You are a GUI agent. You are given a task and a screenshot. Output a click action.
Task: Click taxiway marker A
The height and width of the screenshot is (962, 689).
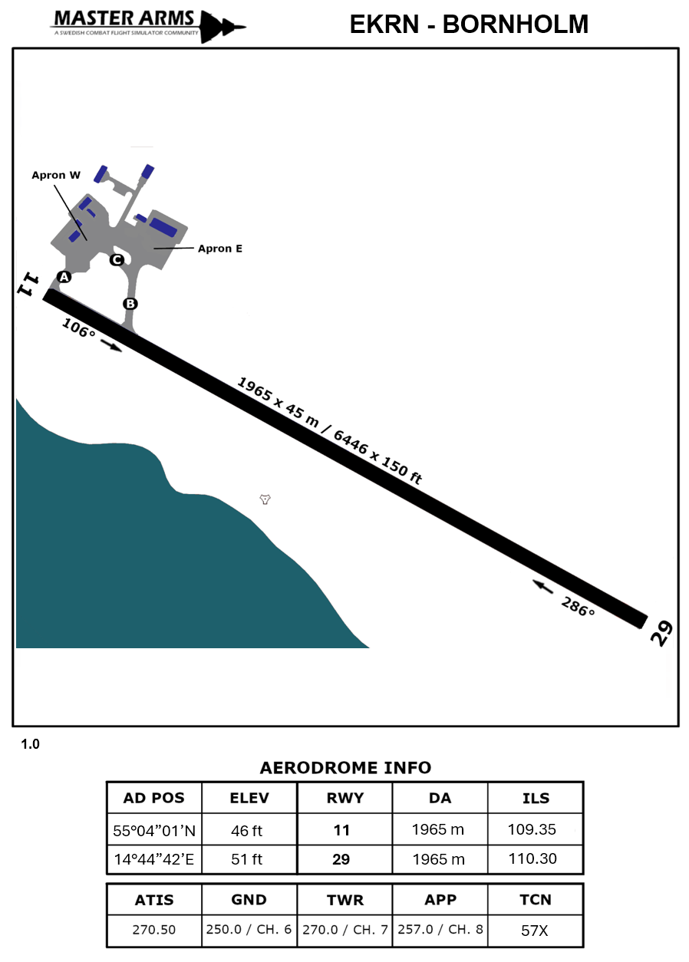pyautogui.click(x=64, y=277)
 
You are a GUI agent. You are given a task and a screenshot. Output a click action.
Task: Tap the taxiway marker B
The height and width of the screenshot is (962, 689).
pyautogui.click(x=130, y=304)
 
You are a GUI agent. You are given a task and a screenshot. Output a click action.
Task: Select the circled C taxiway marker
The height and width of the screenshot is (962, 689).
pyautogui.click(x=116, y=260)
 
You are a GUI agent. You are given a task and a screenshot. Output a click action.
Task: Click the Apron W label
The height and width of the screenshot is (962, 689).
pyautogui.click(x=56, y=175)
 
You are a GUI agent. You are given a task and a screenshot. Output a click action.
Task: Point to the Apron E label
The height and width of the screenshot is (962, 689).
pyautogui.click(x=220, y=249)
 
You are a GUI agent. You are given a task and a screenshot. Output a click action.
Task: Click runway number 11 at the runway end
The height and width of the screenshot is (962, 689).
pyautogui.click(x=28, y=285)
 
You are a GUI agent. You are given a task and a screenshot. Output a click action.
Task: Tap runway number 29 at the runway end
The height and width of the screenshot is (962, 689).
pyautogui.click(x=661, y=632)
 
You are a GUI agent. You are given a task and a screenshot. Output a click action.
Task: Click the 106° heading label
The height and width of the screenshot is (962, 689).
pyautogui.click(x=78, y=328)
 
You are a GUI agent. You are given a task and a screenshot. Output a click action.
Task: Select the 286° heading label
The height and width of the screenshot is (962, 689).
pyautogui.click(x=578, y=607)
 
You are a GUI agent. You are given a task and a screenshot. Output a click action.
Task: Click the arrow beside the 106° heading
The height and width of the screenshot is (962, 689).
pyautogui.click(x=111, y=347)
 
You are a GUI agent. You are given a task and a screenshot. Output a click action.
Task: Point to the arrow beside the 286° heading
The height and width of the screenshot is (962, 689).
pyautogui.click(x=543, y=587)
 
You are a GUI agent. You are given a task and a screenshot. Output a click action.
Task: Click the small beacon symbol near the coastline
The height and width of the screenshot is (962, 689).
pyautogui.click(x=265, y=499)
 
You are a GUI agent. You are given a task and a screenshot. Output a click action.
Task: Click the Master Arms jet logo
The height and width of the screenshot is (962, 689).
pyautogui.click(x=223, y=27)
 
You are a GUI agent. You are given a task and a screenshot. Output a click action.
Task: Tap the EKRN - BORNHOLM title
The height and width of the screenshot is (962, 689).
pyautogui.click(x=469, y=25)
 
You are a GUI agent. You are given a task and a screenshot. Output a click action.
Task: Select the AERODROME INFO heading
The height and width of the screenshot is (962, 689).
pyautogui.click(x=345, y=768)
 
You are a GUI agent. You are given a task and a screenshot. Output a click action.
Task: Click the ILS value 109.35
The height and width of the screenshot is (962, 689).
pyautogui.click(x=535, y=829)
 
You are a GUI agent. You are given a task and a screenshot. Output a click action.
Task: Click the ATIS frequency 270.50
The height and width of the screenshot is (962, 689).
pyautogui.click(x=153, y=930)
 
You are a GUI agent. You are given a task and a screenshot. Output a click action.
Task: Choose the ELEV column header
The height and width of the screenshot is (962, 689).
pyautogui.click(x=249, y=798)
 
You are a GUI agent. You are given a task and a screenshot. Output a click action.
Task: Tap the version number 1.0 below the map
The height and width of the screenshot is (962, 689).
pyautogui.click(x=30, y=744)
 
